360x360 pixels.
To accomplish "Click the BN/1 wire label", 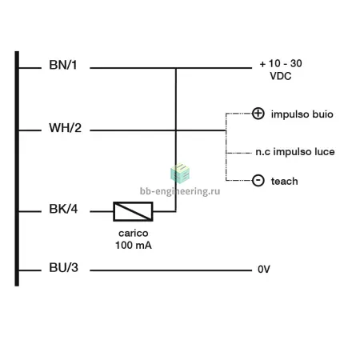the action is [x=63, y=65].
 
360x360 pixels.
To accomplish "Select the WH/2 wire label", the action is [x=65, y=128].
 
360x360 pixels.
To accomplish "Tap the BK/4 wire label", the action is [x=63, y=209].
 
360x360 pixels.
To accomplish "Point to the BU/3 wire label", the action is [x=63, y=267].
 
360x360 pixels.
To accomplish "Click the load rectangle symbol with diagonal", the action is [x=133, y=211].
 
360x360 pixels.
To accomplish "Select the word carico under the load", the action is [x=134, y=233].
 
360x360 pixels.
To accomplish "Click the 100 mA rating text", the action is [x=134, y=245].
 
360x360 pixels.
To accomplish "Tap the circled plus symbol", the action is [x=258, y=114].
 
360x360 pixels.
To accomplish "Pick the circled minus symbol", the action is [x=258, y=181].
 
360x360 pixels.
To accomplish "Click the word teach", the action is [x=284, y=182].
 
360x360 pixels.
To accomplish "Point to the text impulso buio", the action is [x=302, y=114].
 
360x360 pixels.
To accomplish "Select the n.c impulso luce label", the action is [x=295, y=152].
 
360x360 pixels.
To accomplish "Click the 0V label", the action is [x=264, y=269].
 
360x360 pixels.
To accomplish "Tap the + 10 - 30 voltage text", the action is [x=281, y=63].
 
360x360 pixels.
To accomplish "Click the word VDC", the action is [x=281, y=76].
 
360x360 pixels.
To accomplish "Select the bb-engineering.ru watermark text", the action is [x=180, y=191].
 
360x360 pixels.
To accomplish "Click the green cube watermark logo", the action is [x=180, y=174].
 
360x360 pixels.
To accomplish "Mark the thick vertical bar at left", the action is [x=17, y=169].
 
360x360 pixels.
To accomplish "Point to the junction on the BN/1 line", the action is [x=176, y=68].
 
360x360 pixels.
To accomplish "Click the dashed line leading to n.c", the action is [x=238, y=153].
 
